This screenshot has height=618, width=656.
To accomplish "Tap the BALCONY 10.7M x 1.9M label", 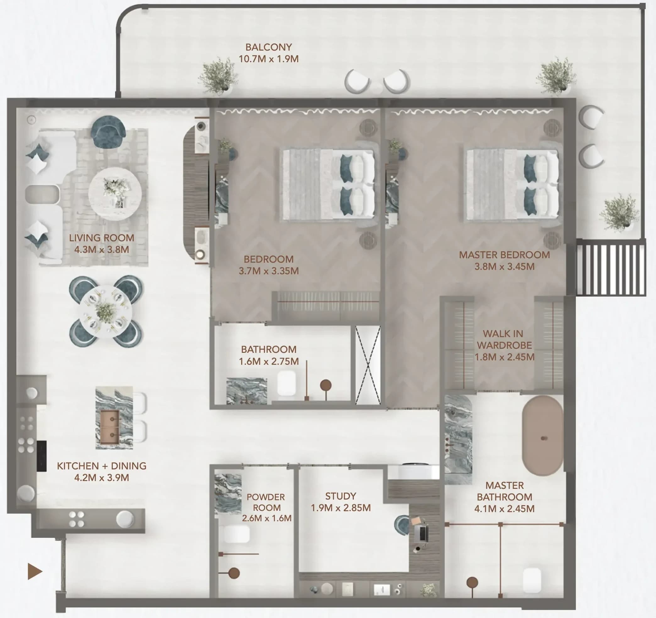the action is click(268, 53).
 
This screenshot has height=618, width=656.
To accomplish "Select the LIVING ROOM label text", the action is click(101, 238).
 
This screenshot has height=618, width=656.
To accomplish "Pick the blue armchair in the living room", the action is click(108, 132).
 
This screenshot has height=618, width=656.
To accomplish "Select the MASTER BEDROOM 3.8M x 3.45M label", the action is click(504, 260).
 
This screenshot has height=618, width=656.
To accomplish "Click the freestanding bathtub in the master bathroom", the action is click(543, 435).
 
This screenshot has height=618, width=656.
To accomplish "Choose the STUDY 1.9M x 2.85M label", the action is click(341, 501).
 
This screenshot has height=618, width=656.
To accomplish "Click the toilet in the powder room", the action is click(236, 534).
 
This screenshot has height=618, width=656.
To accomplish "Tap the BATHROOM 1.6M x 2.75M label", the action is click(269, 355).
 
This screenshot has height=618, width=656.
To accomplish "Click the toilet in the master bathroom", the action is click(532, 580).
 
